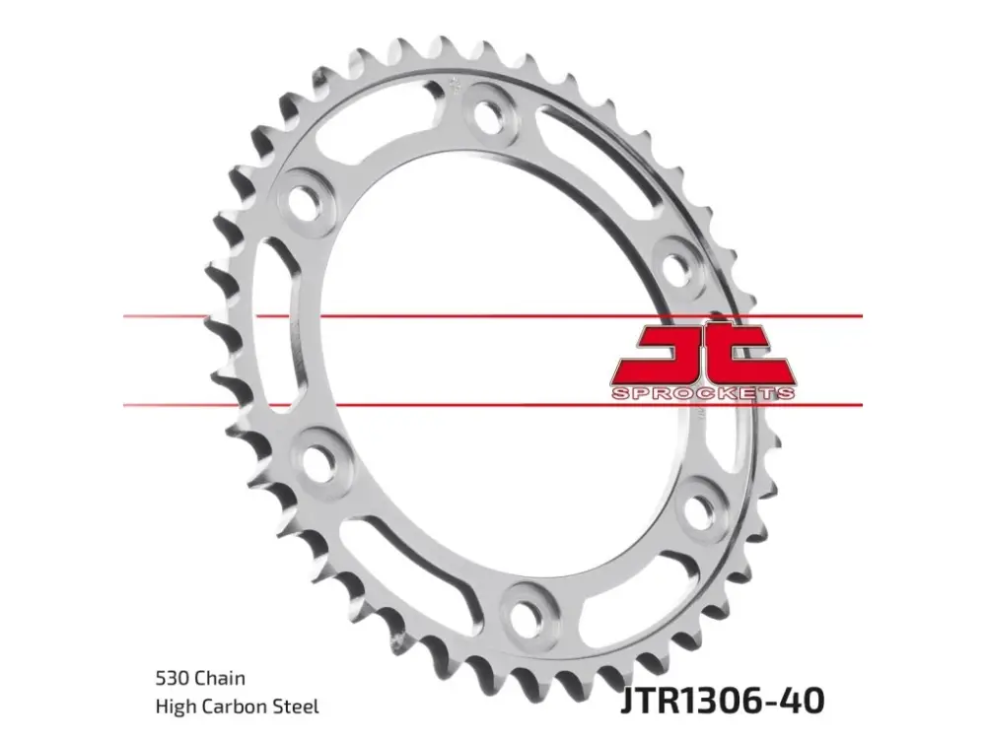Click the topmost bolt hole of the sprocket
click(x=489, y=115)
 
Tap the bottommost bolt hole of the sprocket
click(x=527, y=610)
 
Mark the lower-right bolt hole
click(x=697, y=509)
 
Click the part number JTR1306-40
click(x=723, y=700)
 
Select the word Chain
click(x=220, y=678)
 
